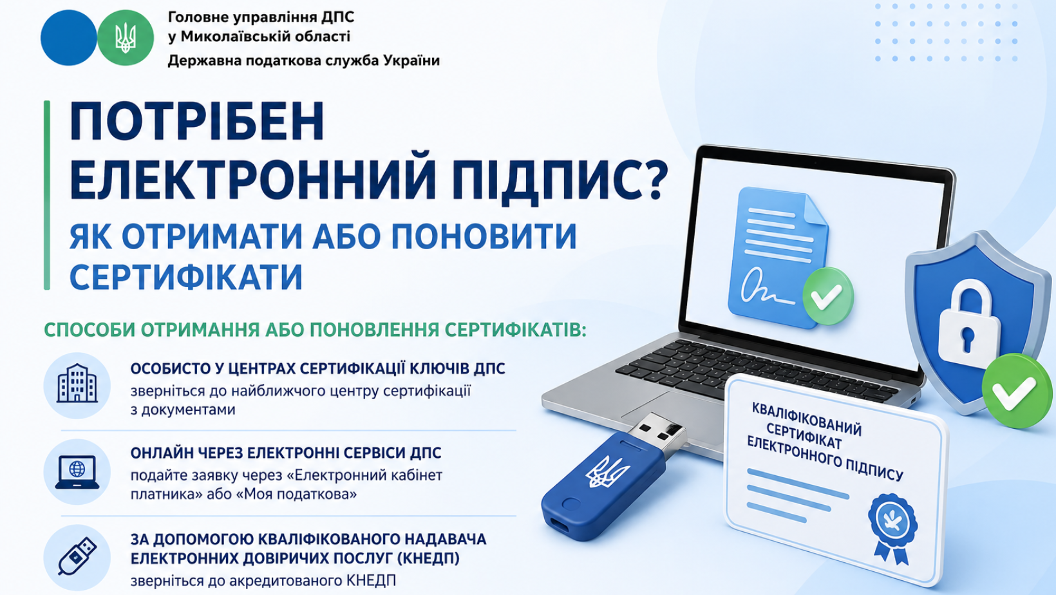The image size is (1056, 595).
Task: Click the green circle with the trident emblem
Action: point(126,38)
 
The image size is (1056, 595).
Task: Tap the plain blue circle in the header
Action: point(69,38)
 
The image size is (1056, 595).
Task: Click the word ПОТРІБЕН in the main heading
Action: point(197,121)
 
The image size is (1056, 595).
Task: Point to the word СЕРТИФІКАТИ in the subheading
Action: point(185,278)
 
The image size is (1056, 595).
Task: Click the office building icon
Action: point(77,383)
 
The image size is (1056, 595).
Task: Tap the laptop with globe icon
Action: point(77,472)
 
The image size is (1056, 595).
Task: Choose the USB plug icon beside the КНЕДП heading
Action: point(77,556)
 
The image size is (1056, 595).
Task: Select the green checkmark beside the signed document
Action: point(828,297)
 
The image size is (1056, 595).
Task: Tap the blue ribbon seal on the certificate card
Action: point(892,528)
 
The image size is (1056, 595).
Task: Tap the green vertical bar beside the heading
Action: point(46,194)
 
